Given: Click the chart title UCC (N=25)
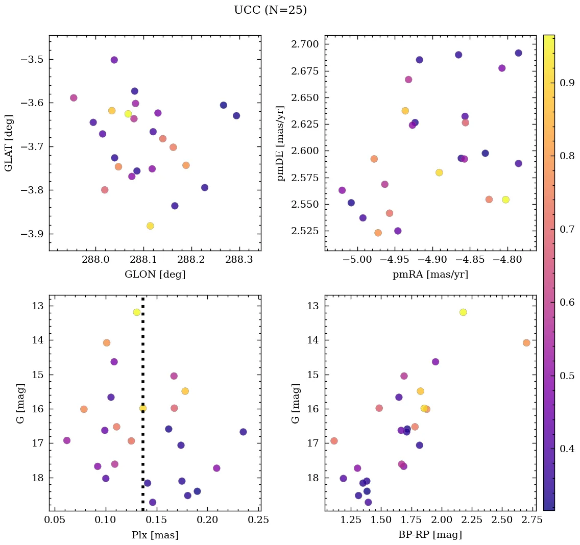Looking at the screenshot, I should coord(270,10).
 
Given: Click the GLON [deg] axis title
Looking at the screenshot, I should coord(155,274).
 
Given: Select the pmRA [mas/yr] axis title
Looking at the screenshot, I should coord(430,274).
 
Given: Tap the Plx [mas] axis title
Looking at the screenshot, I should coord(155,535).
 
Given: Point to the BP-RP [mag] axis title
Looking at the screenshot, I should coord(430,535).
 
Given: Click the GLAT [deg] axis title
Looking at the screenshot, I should coord(9,143).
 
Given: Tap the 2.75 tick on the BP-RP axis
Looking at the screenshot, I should coord(526,521).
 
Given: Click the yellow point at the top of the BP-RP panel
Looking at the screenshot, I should coord(463,312).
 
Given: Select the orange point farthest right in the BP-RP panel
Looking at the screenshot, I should coord(526,343).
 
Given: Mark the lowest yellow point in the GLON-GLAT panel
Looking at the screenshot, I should coord(150,226).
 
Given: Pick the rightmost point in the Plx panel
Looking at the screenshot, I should coord(243,432).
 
